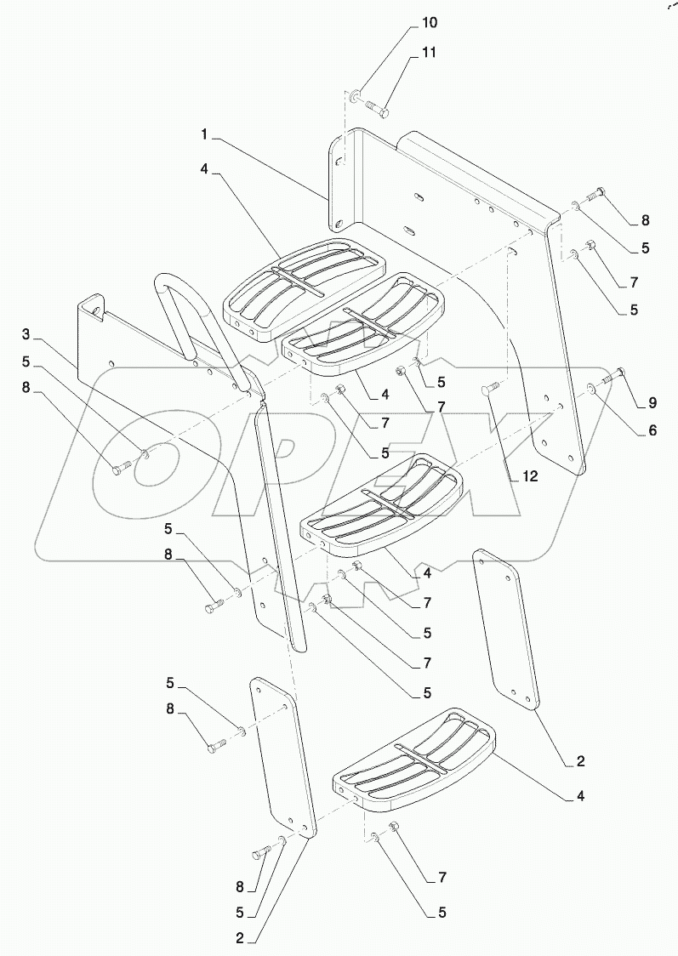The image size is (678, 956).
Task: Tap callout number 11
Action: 428,53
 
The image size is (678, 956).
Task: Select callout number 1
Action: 205,135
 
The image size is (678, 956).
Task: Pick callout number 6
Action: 652,430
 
